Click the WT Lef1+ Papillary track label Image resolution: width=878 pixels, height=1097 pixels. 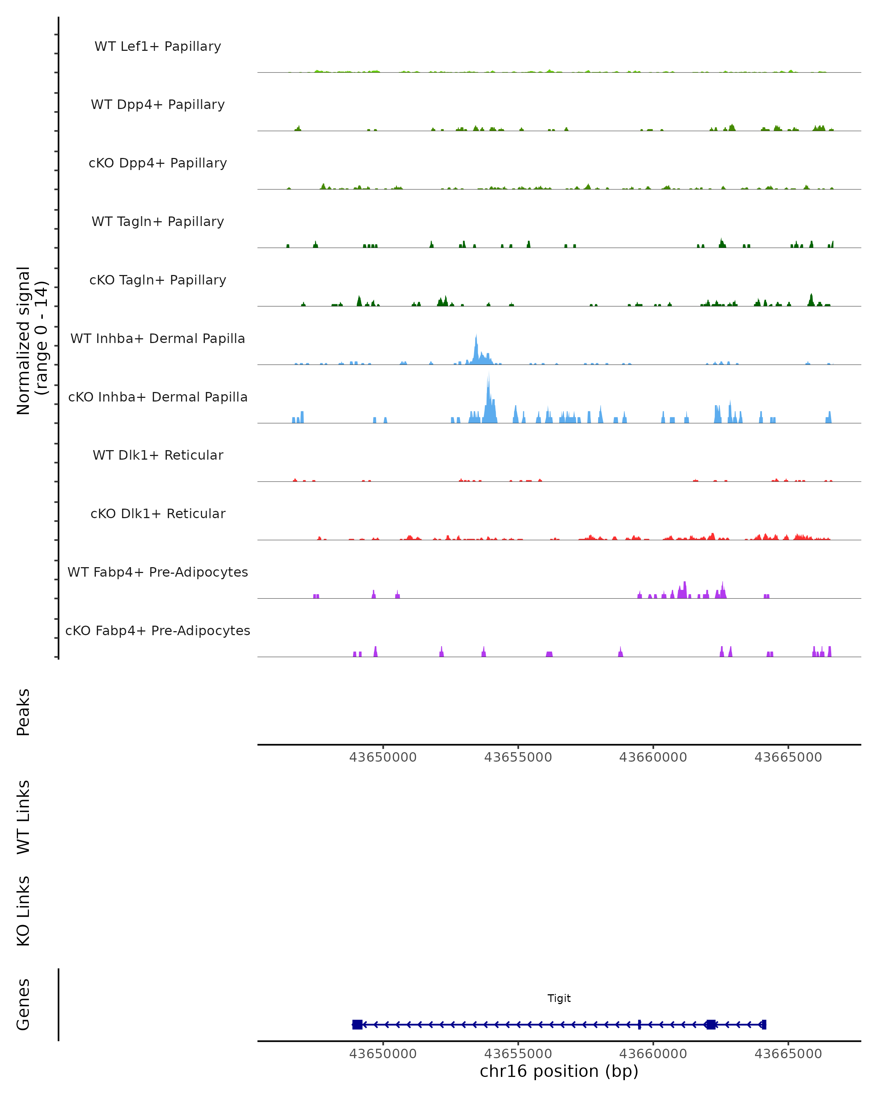(x=158, y=46)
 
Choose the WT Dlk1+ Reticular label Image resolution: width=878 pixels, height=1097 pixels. (x=158, y=455)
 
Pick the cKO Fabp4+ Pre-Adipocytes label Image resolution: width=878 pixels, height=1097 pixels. (x=158, y=630)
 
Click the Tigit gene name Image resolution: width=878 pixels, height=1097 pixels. (x=559, y=998)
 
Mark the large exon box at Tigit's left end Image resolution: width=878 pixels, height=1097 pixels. (x=357, y=1024)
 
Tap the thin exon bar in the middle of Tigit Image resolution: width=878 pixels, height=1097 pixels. (x=639, y=1024)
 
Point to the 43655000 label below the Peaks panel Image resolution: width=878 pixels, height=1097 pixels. (x=518, y=757)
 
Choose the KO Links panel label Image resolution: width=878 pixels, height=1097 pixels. (x=23, y=911)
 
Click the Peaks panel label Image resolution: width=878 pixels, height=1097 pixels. (x=23, y=712)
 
